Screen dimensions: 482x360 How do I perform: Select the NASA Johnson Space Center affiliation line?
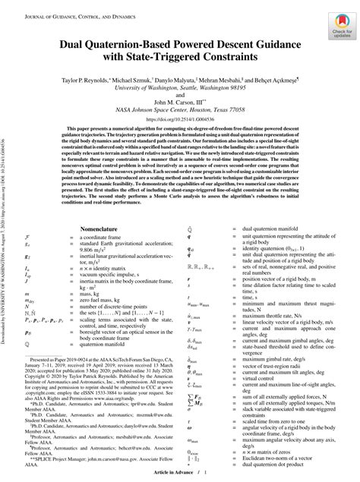tap(180, 110)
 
